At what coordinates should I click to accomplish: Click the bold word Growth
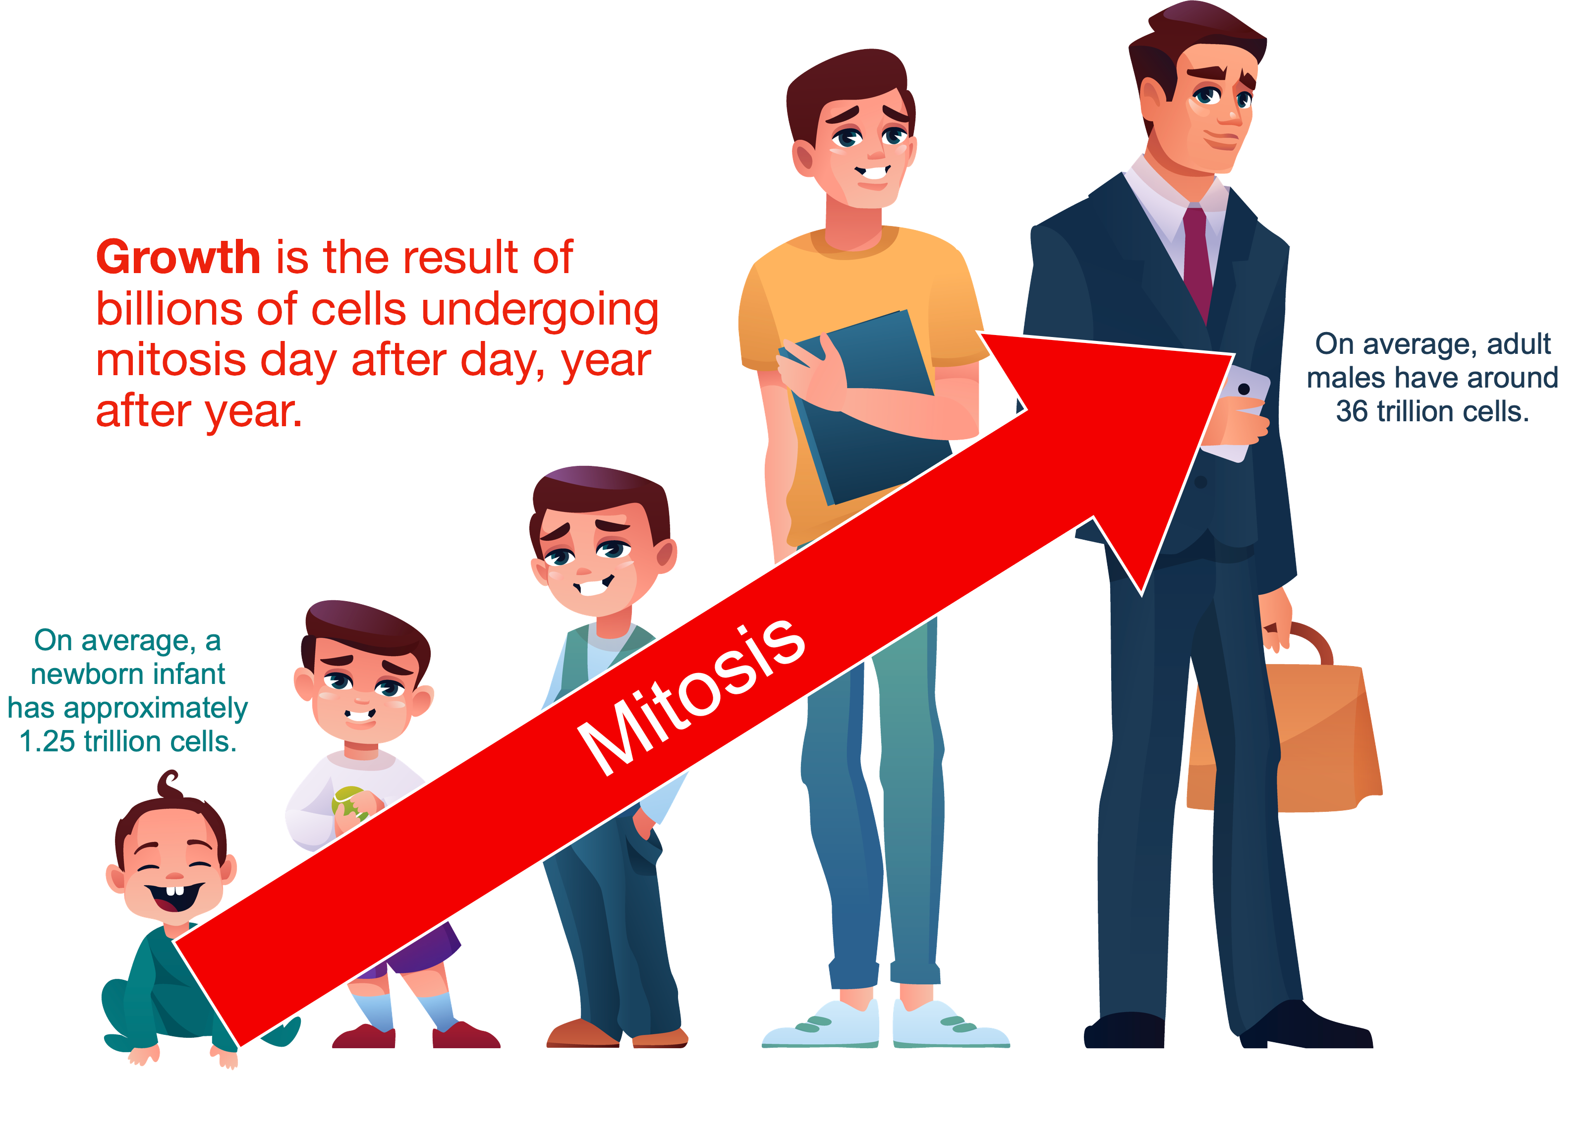178,258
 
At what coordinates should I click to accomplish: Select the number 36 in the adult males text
1352,411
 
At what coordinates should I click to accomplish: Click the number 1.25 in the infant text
47,742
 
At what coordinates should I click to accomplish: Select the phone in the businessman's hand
1240,413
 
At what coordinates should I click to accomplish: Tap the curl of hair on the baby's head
169,785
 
